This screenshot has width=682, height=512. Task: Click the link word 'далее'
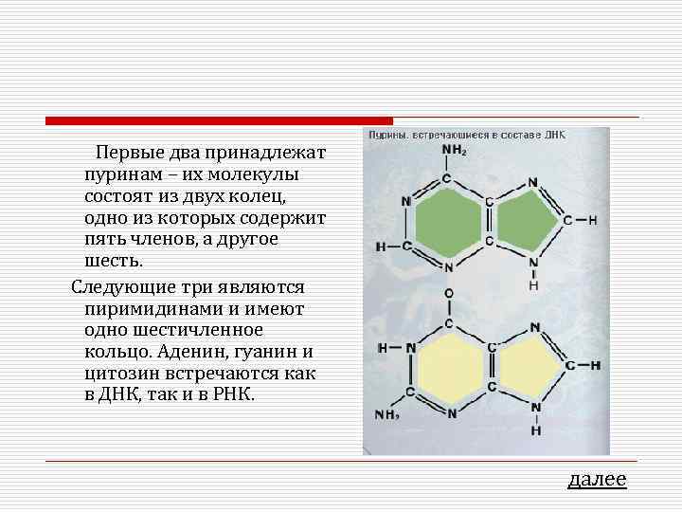597,480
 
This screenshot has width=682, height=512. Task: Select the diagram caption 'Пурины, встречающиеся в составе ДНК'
466,135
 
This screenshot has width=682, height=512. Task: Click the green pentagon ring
524,222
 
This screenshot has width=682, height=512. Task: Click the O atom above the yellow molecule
448,294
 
